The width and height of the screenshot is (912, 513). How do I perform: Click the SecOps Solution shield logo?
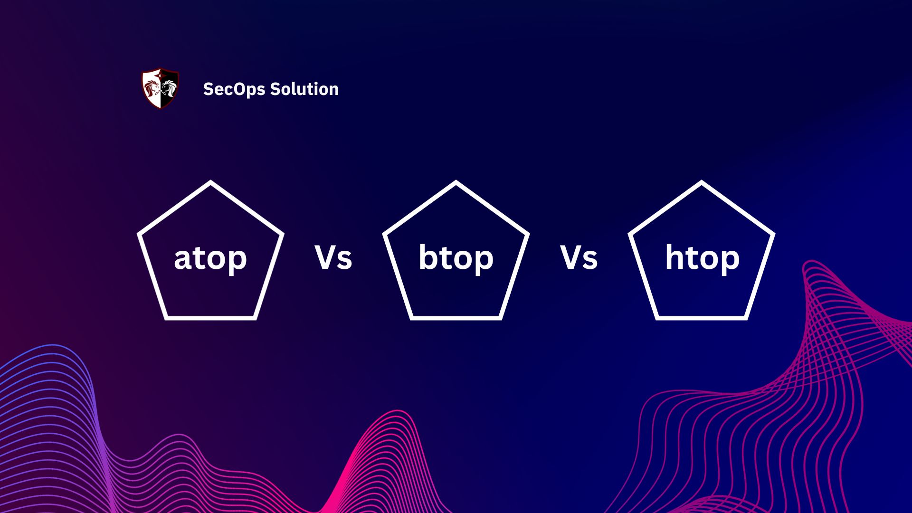[161, 89]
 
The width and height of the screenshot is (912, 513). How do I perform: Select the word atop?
[210, 258]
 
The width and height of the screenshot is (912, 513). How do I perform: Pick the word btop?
[456, 258]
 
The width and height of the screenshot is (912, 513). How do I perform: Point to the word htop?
[702, 258]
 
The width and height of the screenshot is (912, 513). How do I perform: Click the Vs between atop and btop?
[333, 258]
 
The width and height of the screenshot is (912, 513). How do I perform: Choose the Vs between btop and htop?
[579, 258]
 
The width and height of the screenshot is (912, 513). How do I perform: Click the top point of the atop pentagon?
[210, 182]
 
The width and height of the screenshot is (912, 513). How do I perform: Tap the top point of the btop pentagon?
[456, 182]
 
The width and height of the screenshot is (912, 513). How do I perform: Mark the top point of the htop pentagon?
[702, 182]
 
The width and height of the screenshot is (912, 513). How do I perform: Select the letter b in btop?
[427, 257]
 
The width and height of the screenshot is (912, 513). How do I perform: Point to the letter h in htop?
[674, 257]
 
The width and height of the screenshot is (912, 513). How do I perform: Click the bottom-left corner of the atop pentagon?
[166, 318]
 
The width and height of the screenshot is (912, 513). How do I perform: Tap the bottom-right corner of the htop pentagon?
[746, 318]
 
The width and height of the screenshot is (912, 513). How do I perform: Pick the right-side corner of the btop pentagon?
[528, 234]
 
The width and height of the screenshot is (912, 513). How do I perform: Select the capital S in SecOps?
[208, 89]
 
